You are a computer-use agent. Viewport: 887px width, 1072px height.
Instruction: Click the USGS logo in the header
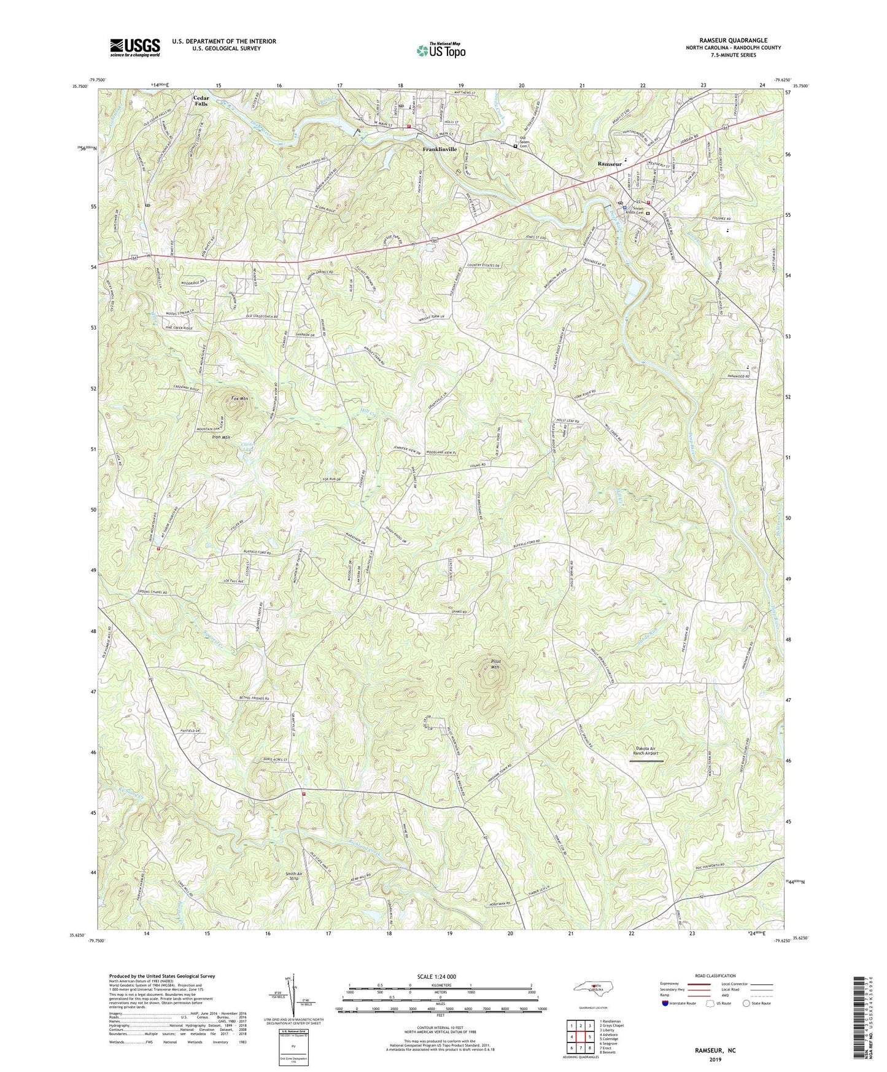134,47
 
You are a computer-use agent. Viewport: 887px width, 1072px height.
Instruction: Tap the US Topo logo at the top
441,50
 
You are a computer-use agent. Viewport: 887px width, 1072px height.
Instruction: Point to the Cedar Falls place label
201,101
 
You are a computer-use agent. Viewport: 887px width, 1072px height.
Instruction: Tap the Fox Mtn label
239,399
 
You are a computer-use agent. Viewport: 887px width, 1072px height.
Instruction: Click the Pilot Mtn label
495,664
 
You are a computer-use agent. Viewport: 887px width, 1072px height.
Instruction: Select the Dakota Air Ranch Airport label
646,751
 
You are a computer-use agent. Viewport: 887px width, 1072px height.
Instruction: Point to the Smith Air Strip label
294,876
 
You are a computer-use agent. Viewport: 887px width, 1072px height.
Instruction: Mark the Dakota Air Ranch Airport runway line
646,761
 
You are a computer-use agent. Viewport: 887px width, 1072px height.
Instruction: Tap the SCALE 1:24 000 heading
436,976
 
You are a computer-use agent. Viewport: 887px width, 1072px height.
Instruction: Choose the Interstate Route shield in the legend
666,1003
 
